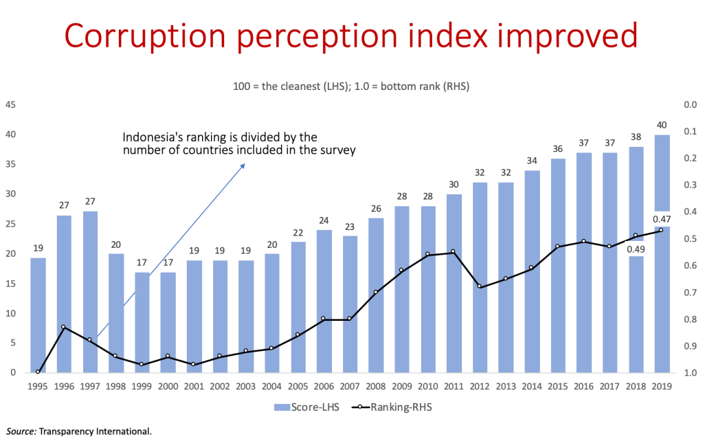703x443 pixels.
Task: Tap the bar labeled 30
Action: click(x=454, y=282)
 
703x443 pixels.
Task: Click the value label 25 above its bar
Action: click(x=375, y=208)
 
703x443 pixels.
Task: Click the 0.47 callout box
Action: click(x=662, y=219)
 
